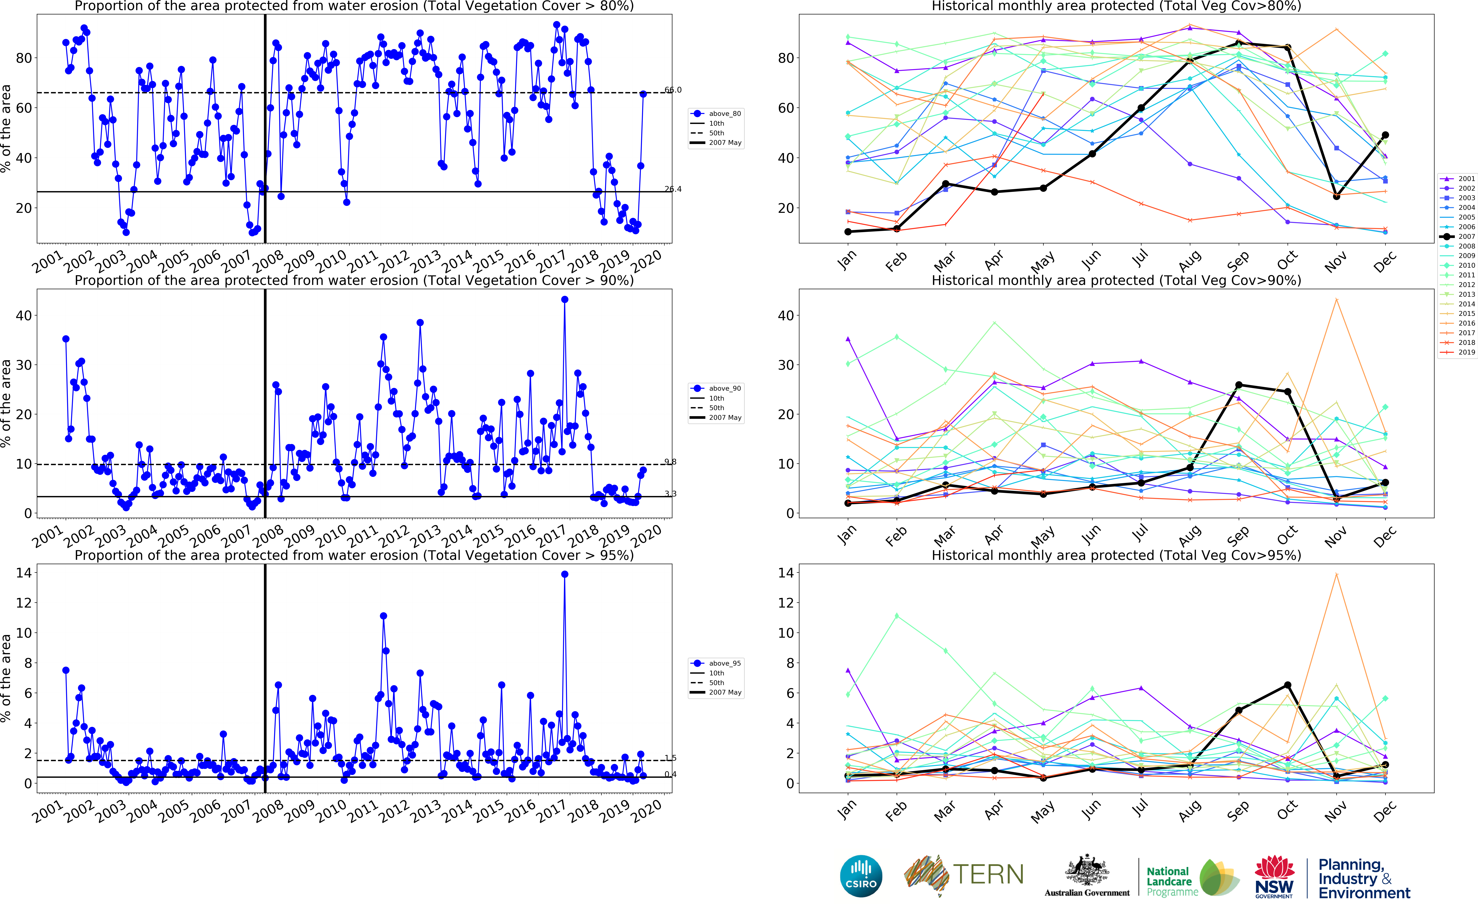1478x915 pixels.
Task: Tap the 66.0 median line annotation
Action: (673, 90)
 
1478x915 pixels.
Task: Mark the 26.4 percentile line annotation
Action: (673, 189)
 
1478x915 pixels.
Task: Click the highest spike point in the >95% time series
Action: (564, 574)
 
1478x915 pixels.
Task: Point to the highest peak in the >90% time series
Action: (564, 300)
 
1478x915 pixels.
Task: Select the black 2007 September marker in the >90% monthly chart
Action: (1239, 385)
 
